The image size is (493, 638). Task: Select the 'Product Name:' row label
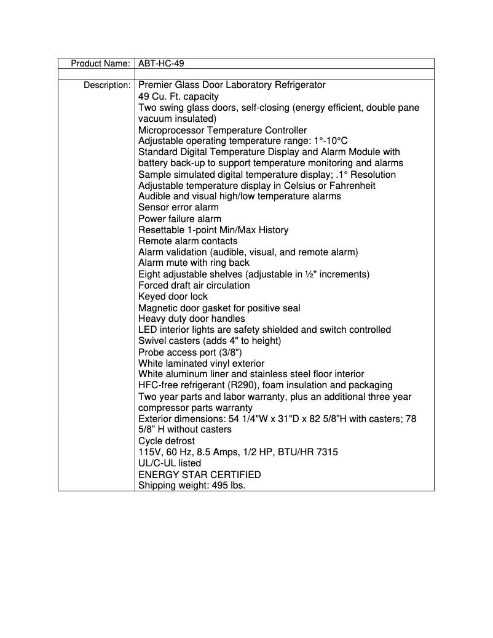100,63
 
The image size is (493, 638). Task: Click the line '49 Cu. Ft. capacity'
178,97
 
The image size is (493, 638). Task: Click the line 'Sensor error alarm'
178,207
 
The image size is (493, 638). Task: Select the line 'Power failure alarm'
179,218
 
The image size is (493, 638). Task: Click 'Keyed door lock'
173,297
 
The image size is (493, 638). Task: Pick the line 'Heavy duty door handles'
191,319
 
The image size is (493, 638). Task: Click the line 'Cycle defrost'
167,441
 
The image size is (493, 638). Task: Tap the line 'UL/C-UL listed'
170,463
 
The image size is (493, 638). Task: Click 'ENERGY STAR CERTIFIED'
199,474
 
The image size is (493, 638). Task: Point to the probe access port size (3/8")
229,352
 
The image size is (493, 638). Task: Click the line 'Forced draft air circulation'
194,285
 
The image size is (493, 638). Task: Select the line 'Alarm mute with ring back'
194,263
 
